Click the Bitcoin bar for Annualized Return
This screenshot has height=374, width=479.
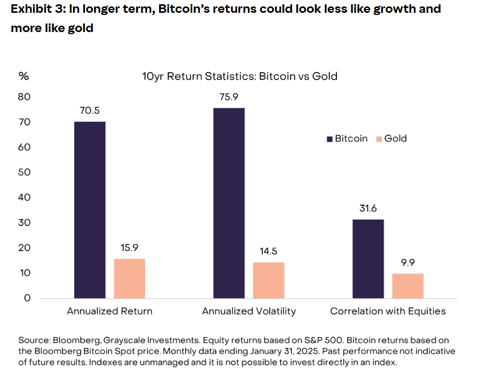coord(90,209)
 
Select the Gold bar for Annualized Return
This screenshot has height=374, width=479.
coord(129,278)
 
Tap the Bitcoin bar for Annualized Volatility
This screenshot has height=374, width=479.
coord(229,203)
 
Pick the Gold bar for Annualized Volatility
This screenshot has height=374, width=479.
coord(269,280)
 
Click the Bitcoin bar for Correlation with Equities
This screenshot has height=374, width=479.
coord(368,259)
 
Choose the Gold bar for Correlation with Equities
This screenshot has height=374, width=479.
coord(408,285)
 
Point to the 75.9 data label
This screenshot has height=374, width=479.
coord(229,97)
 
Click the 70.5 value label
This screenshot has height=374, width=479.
coord(90,111)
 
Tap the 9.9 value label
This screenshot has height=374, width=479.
coord(408,263)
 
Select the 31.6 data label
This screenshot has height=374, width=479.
coord(368,208)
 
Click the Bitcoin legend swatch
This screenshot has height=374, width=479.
coord(329,139)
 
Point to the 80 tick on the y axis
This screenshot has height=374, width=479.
coord(25,97)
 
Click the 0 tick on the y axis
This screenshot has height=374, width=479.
coord(27,298)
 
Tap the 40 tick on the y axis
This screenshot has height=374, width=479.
coord(25,198)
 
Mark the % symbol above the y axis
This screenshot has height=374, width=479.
coord(23,76)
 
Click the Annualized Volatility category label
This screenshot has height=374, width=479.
coord(249,311)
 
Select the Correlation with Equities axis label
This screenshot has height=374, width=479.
coord(388,311)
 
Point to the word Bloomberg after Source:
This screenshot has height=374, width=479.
coord(75,340)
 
